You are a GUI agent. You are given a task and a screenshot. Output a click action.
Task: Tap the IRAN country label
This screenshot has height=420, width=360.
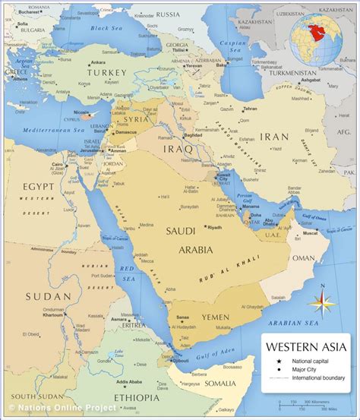(275, 137)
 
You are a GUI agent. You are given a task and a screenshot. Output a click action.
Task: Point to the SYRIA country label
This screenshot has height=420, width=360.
(137, 119)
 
